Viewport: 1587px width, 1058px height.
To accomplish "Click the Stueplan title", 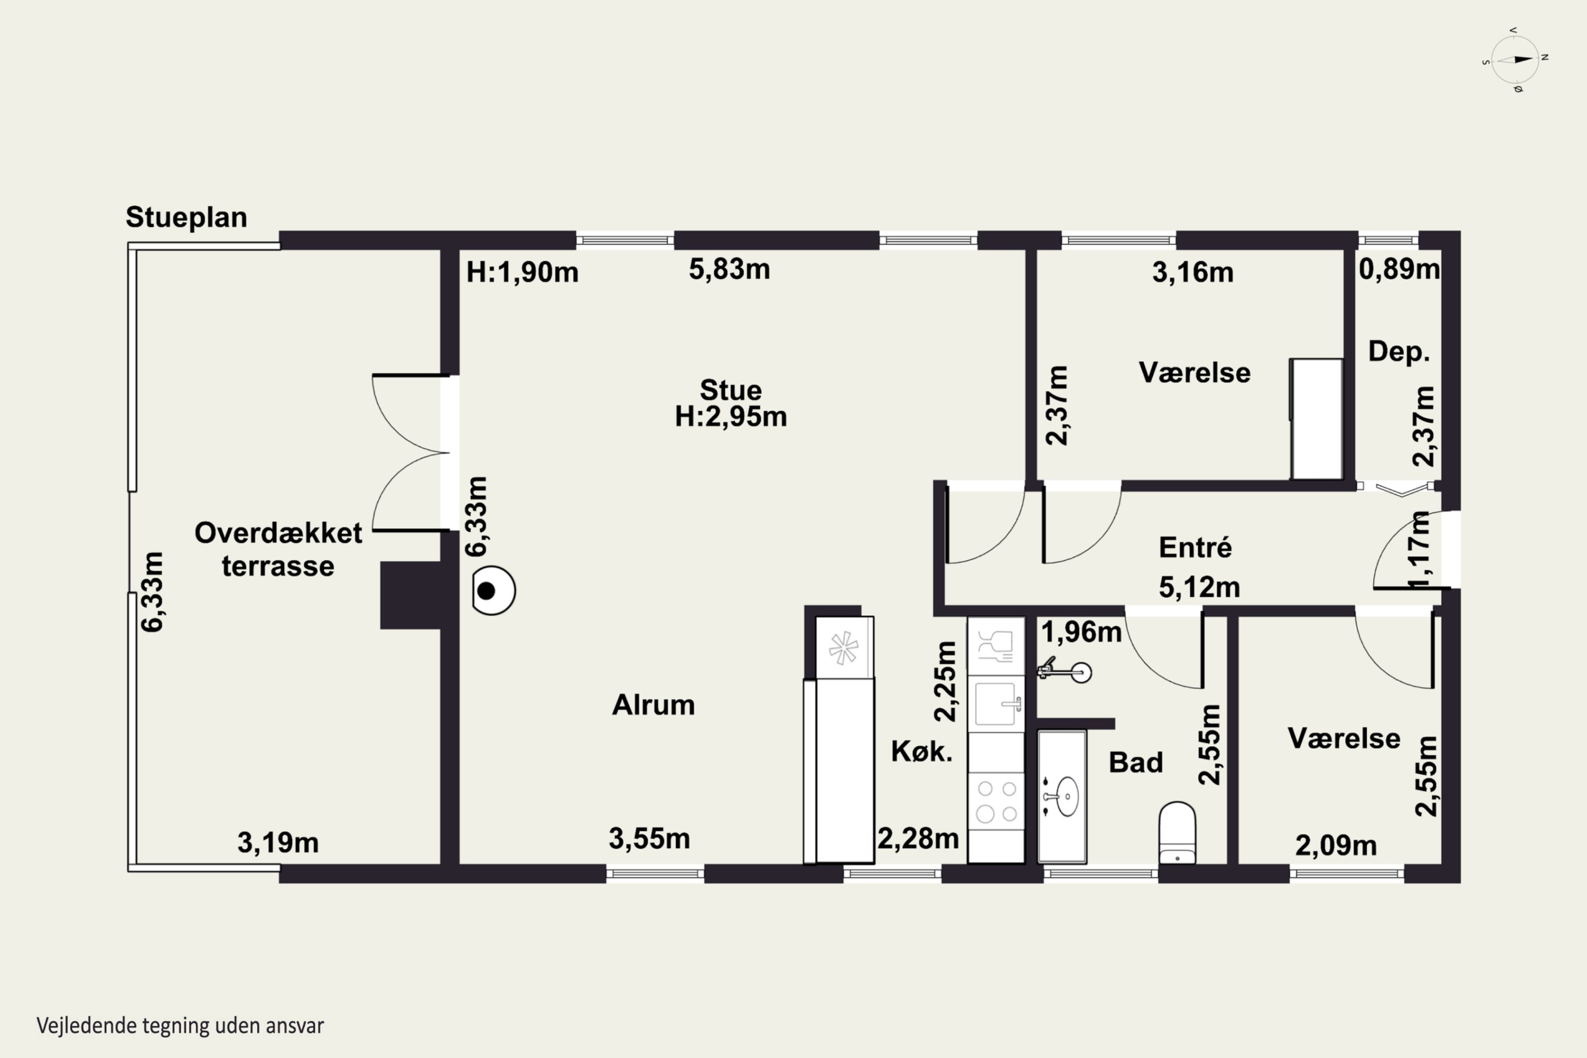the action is click(x=186, y=218).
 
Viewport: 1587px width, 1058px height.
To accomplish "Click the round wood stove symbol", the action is click(x=493, y=590).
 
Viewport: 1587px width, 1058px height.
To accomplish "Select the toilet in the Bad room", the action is click(x=1178, y=833).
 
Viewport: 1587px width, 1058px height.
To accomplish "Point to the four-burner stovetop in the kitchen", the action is click(x=997, y=801).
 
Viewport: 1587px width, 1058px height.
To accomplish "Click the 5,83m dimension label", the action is click(x=729, y=270).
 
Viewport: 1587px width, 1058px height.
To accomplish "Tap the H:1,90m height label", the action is click(x=522, y=272).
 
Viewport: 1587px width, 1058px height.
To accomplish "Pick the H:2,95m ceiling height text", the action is click(x=731, y=417).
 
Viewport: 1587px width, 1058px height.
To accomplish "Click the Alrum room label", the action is click(x=653, y=705).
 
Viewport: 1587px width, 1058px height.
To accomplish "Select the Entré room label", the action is click(x=1195, y=546).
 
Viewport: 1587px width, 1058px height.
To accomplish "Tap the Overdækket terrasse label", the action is click(x=278, y=549).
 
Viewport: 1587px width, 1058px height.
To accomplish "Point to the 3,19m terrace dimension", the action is click(x=278, y=843).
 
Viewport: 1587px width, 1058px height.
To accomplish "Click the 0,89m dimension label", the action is click(x=1399, y=269).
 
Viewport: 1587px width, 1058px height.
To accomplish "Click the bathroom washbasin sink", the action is click(x=1065, y=797).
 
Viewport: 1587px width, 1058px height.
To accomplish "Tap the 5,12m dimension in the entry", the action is click(x=1200, y=588).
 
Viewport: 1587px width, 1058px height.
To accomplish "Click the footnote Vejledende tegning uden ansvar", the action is click(x=180, y=1026).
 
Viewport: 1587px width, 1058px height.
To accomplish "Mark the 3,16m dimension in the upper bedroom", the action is click(x=1193, y=272).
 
